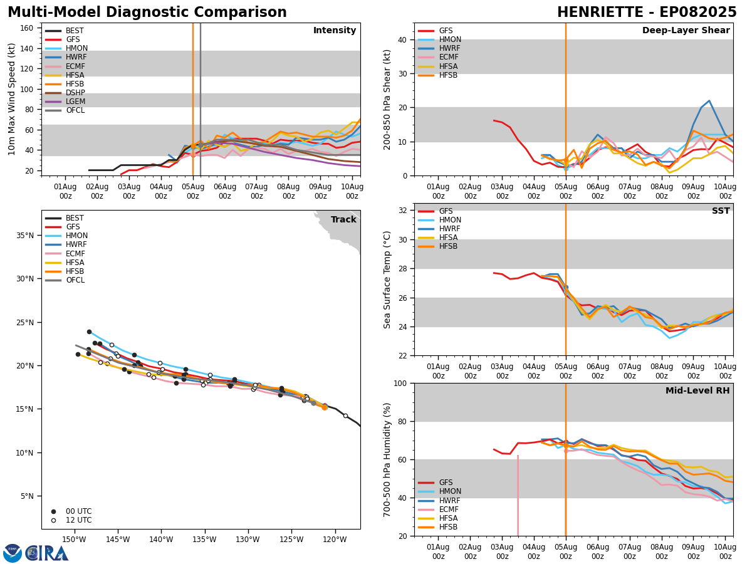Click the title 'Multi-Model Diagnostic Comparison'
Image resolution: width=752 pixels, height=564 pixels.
147,13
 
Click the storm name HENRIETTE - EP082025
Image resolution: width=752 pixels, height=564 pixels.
647,13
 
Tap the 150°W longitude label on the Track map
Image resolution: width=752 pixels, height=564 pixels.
74,540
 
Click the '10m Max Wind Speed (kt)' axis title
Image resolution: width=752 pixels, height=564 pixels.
12,99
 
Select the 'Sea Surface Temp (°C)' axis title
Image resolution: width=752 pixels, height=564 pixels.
388,279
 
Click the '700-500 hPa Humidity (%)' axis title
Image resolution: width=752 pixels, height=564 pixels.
388,459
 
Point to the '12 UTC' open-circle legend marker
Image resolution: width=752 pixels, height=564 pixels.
53,520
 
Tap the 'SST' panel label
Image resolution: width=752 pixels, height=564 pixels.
721,211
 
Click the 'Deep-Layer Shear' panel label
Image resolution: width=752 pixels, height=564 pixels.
686,31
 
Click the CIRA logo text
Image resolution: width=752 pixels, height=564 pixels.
47,553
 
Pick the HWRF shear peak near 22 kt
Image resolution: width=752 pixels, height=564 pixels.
709,101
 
